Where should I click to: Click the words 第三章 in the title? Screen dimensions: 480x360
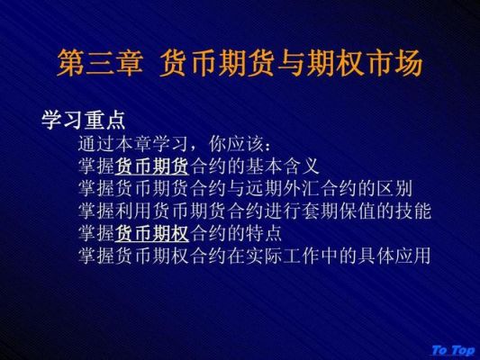[x=100, y=63]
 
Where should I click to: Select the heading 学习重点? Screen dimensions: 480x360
[x=84, y=120]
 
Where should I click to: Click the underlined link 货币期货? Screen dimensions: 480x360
[x=152, y=166]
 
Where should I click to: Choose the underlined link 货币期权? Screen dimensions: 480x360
[x=152, y=233]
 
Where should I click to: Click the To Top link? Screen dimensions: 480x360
[x=453, y=350]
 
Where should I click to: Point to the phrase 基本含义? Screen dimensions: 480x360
[x=283, y=166]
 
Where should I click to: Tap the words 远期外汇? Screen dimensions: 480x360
[x=283, y=188]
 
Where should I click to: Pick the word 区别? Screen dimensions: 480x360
[x=394, y=188]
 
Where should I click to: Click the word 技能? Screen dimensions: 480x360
[x=413, y=211]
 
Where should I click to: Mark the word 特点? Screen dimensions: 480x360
[x=264, y=233]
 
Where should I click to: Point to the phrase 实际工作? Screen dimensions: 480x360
[x=283, y=256]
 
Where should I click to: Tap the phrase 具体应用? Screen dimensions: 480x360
[x=394, y=256]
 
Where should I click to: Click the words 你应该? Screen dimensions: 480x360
[x=236, y=144]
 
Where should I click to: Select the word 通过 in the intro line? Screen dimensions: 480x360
[x=96, y=144]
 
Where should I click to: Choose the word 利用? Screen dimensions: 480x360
[x=133, y=211]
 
